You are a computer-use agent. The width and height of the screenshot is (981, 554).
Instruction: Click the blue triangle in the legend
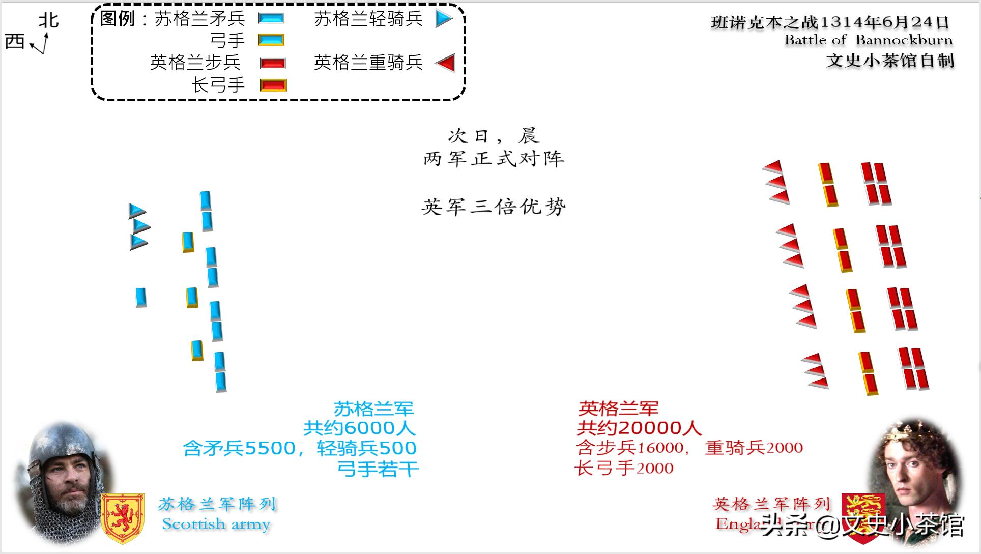coord(444,19)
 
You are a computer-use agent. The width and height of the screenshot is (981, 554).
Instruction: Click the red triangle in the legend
coord(446,63)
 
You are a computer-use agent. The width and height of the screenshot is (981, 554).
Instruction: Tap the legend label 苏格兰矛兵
coord(199,19)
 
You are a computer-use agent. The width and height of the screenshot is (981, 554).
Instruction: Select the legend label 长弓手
coord(218,84)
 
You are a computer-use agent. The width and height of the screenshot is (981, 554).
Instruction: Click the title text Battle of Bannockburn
coord(868,40)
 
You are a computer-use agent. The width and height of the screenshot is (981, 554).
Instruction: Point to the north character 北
coord(49,20)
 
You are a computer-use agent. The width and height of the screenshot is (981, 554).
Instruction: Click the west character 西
coord(15,41)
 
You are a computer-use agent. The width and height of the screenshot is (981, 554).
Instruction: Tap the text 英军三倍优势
coord(494,207)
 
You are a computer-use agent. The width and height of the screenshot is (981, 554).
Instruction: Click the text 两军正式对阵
coord(494,159)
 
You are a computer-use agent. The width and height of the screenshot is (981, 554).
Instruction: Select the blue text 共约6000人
coord(359,428)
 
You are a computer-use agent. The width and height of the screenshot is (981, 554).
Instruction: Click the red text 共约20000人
coord(639,428)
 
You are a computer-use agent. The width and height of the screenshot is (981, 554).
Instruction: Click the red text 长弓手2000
coord(624,468)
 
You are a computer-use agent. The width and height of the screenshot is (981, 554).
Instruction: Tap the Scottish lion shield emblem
coord(122,518)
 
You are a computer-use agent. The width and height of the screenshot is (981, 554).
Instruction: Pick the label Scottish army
coord(216,524)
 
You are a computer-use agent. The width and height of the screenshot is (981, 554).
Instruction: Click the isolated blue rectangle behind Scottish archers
coord(141,297)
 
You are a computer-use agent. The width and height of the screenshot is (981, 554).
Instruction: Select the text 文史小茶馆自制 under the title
coord(889,61)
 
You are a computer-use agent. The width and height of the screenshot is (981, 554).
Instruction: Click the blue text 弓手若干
coord(378,469)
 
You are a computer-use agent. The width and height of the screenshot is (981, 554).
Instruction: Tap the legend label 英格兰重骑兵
coord(368,62)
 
